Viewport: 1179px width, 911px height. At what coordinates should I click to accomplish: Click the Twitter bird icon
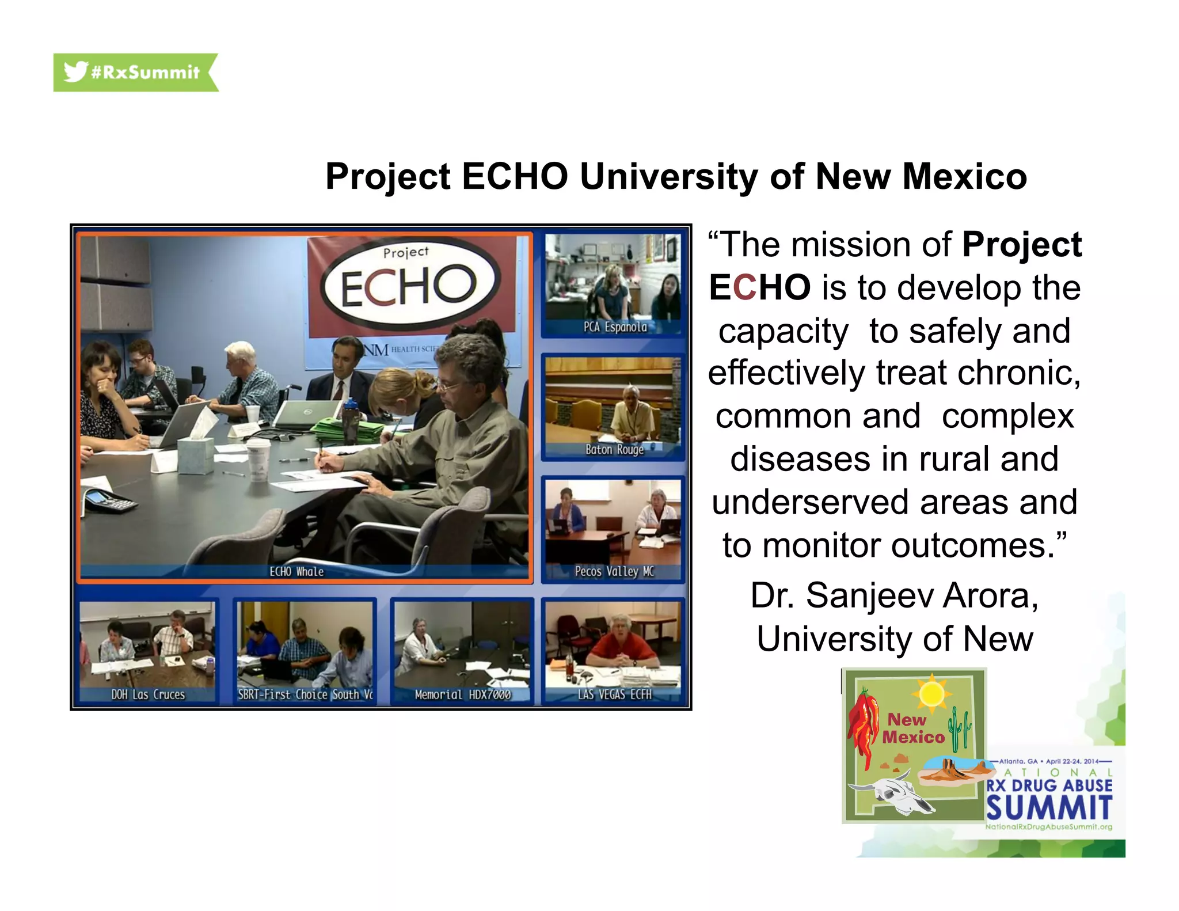click(75, 71)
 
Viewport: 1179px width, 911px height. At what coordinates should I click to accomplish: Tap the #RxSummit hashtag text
click(145, 73)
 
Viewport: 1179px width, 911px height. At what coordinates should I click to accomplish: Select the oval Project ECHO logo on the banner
click(409, 282)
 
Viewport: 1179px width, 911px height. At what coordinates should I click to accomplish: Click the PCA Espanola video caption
click(615, 327)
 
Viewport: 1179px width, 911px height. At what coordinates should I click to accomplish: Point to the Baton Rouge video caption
click(614, 449)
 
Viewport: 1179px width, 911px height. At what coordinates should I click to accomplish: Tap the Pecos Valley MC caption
click(614, 571)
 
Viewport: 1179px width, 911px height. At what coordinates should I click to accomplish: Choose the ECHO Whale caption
click(296, 571)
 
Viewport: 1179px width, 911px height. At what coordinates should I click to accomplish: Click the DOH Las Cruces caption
click(148, 694)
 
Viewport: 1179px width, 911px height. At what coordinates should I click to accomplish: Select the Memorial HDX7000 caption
click(462, 694)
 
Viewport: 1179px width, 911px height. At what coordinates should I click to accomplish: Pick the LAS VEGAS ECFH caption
click(614, 694)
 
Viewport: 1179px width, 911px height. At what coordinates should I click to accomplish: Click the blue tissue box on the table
click(195, 454)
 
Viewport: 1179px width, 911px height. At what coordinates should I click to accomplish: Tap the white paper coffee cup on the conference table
click(258, 461)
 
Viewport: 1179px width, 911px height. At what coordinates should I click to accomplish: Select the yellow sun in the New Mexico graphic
click(931, 693)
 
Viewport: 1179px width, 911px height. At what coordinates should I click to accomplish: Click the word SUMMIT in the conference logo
click(1049, 807)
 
